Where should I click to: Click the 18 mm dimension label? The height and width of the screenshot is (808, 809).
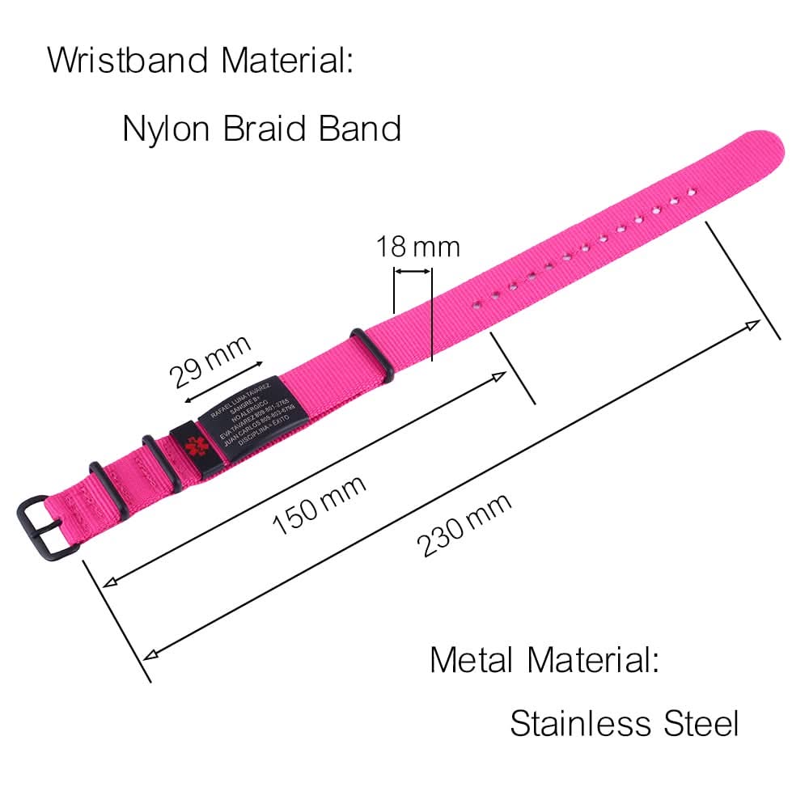[x=417, y=247]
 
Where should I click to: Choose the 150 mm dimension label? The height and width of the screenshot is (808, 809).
[x=319, y=505]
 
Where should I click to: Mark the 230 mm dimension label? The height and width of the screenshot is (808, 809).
[x=464, y=526]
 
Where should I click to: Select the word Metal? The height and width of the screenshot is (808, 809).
[x=473, y=660]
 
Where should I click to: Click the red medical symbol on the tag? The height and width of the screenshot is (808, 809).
[x=192, y=446]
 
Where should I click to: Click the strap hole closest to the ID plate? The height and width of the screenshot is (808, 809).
[x=477, y=304]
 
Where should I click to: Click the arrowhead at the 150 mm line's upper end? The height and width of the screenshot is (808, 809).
[x=501, y=375]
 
